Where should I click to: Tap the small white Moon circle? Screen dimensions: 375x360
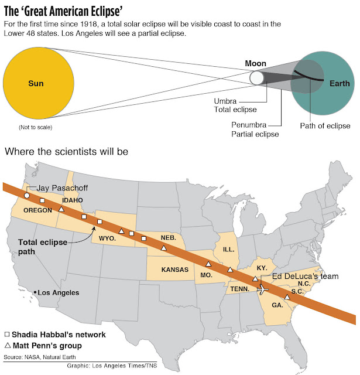pos(256,77)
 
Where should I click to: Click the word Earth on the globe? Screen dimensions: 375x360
pos(338,83)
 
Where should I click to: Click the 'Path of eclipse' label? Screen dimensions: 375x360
pos(325,125)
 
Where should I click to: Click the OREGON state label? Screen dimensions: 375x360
pos(39,210)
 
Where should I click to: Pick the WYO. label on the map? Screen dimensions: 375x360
pos(107,238)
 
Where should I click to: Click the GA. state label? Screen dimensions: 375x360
pos(277,305)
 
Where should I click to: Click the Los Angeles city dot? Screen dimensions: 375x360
pos(36,292)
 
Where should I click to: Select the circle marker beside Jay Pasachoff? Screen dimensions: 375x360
pos(26,195)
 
